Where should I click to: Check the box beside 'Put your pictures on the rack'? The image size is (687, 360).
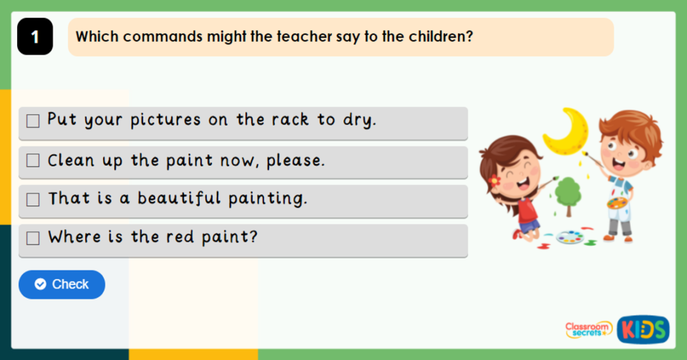33,121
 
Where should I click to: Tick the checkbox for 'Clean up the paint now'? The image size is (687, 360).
33,161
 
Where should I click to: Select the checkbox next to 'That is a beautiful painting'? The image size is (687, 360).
33,200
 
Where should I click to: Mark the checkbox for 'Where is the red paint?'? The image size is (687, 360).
33,239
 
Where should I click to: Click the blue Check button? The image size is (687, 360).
62,284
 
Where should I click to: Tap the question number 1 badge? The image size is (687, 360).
35,37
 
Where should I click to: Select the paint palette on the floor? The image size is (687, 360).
569,237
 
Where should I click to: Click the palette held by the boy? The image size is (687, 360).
616,203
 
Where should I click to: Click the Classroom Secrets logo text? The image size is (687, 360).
588,329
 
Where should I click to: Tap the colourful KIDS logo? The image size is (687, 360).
643,329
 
